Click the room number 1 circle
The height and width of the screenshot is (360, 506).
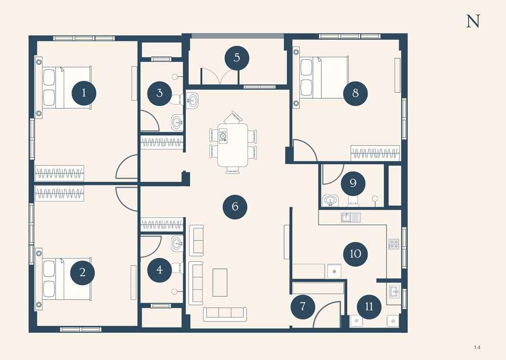pos(84,93)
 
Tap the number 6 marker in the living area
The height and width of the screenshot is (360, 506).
pos(235,207)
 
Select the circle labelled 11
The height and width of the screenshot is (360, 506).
pos(369,307)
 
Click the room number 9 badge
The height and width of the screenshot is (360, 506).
pos(353,184)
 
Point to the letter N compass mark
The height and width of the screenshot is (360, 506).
pos(473,21)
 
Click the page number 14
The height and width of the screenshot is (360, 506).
pos(477,347)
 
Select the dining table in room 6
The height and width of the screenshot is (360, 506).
pos(232,145)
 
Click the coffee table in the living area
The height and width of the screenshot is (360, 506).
pos(220,283)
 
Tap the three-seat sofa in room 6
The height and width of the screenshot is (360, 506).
pos(225,314)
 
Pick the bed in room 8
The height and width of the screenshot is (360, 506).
pos(324,77)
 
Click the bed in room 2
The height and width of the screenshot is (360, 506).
pos(67,278)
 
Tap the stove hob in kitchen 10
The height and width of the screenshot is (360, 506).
pos(394,244)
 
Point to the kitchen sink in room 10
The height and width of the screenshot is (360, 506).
pos(351,218)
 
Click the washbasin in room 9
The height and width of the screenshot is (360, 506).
pos(330,201)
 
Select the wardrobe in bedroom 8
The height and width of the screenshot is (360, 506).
pos(375,153)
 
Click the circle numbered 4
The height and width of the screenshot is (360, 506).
pos(160,270)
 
